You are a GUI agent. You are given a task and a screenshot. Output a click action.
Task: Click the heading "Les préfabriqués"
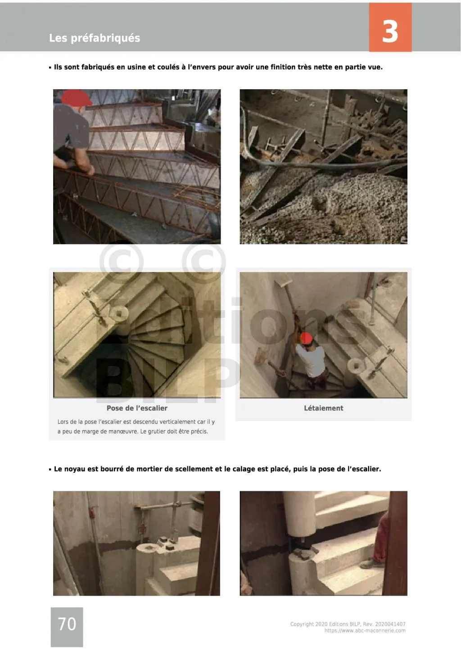(x=94, y=38)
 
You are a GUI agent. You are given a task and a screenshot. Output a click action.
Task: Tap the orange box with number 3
(x=390, y=27)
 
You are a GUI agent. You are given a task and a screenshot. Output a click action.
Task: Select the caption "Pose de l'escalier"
(x=137, y=408)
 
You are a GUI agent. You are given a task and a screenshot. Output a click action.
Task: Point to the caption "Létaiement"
(x=323, y=408)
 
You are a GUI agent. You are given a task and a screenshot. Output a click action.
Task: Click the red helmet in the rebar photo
(x=76, y=98)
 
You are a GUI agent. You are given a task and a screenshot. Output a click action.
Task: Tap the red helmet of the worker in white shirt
(x=306, y=338)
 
